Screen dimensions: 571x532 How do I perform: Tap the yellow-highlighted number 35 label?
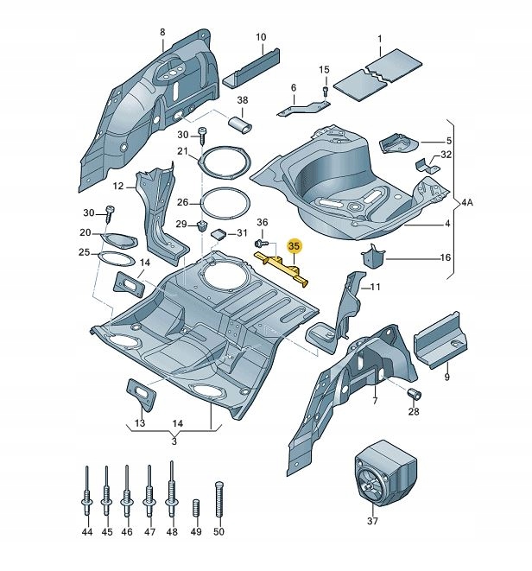(294, 246)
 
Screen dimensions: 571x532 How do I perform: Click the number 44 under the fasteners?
(86, 532)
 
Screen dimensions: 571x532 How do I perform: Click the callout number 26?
(182, 202)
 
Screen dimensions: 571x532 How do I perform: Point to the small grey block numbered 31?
(218, 233)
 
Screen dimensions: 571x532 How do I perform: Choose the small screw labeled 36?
(258, 246)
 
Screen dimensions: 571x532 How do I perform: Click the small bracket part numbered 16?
(372, 257)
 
